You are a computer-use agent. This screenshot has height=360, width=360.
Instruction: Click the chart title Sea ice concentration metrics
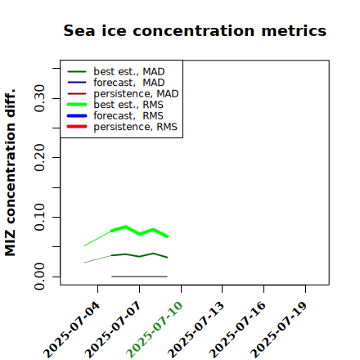pos(195,30)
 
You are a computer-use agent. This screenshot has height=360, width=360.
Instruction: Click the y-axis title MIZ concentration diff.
pos(10,173)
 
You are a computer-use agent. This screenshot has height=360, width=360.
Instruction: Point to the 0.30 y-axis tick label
pos(39,98)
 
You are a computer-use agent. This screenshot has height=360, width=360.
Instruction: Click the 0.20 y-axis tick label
pos(39,158)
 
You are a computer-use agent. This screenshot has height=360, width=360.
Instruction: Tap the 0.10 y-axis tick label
pos(39,217)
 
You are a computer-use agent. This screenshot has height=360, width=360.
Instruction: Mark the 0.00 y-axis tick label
pos(39,277)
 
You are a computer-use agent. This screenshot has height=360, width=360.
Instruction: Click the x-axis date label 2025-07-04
pos(72,330)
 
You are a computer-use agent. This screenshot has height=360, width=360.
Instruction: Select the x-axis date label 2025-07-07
pos(113,330)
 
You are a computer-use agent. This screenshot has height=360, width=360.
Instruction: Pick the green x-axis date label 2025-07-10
pos(155,330)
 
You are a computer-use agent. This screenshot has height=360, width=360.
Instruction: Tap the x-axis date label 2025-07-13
pos(196,330)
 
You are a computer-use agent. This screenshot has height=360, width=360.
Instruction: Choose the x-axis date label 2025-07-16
pos(237,330)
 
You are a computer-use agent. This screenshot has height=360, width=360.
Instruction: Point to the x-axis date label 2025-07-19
pos(279,330)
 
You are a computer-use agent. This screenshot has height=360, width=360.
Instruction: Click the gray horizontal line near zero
pos(139,277)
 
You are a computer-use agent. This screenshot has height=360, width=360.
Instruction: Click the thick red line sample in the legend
pos(77,127)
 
